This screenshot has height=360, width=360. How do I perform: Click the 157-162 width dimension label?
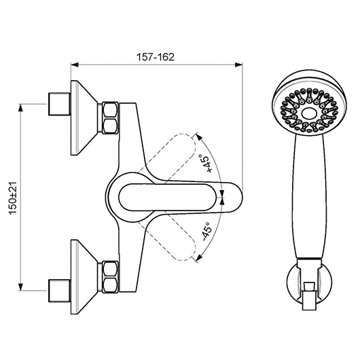156,57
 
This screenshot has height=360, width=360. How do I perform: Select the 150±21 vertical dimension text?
13,198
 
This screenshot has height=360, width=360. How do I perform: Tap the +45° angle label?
206,163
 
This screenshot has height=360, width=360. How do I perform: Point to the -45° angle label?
206,232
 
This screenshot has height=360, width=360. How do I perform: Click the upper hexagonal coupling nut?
110,118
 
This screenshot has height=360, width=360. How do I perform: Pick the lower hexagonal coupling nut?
110,277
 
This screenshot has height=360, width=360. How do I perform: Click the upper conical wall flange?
84,118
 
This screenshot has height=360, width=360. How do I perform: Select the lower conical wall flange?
84,277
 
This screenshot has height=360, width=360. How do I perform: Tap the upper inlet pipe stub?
59,104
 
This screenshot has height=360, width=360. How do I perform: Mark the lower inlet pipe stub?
59,291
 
